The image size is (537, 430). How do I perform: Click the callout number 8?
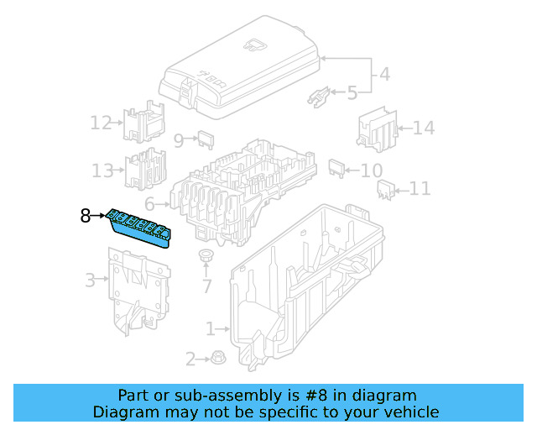(x=86, y=217)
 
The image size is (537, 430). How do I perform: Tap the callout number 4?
(x=383, y=74)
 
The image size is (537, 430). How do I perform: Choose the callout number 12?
(x=101, y=123)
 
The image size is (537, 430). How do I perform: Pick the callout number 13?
(x=102, y=171)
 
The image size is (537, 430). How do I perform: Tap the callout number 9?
(x=179, y=140)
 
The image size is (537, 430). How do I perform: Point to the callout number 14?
(x=424, y=128)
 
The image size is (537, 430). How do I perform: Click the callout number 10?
(x=371, y=171)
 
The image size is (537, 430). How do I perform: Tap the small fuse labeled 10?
(x=336, y=167)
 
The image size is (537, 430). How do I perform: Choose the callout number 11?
(x=420, y=189)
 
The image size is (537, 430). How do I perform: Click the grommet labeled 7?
(x=205, y=255)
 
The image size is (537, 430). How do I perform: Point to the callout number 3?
(x=90, y=281)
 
